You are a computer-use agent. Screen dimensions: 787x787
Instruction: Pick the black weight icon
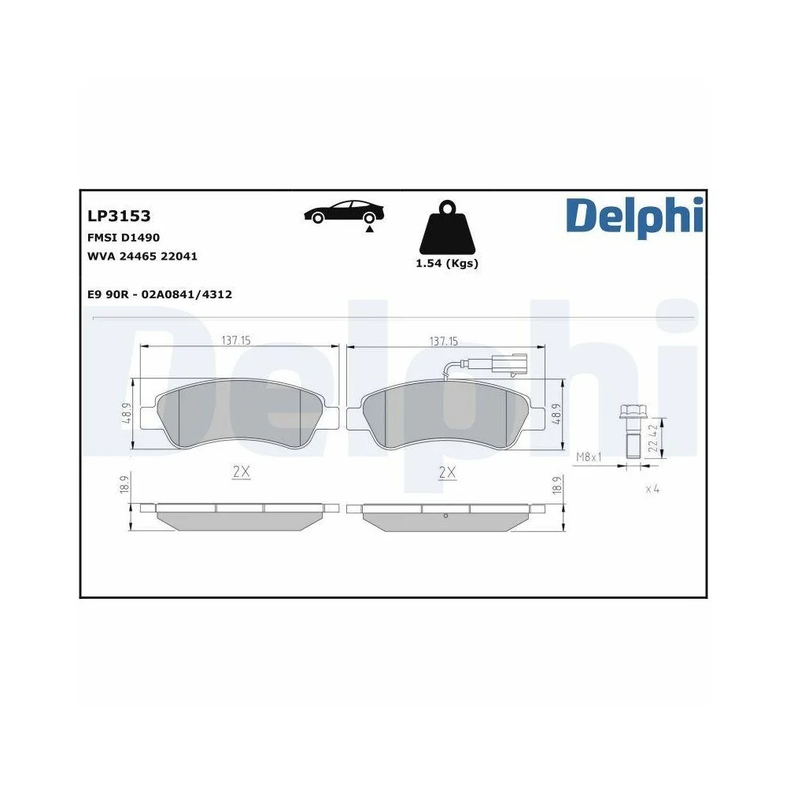tap(446, 227)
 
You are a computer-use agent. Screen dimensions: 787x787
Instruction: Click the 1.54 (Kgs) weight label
tap(446, 264)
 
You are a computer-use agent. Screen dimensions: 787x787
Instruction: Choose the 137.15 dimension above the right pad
tap(444, 341)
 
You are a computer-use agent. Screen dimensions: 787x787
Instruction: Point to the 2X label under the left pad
tap(241, 472)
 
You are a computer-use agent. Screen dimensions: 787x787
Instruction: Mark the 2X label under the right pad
tap(446, 472)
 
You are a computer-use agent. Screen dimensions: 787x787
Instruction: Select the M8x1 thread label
tap(589, 456)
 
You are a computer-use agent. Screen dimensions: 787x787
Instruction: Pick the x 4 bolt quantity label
tap(652, 489)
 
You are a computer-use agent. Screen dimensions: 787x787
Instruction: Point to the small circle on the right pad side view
tap(445, 516)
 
